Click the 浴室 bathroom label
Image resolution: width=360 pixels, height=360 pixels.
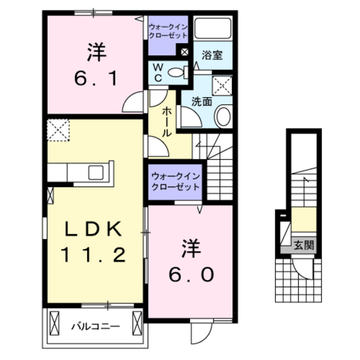click(212, 56)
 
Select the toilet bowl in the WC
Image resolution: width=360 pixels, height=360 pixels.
click(176, 72)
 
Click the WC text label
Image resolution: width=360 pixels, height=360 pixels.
click(158, 72)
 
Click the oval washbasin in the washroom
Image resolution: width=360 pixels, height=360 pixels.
click(224, 116)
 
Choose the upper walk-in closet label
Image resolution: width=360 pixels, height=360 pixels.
click(168, 31)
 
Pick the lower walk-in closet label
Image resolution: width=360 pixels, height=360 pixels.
click(175, 182)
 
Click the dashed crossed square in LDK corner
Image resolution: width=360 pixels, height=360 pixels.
click(58, 130)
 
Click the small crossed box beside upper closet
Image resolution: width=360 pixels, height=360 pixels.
click(184, 52)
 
